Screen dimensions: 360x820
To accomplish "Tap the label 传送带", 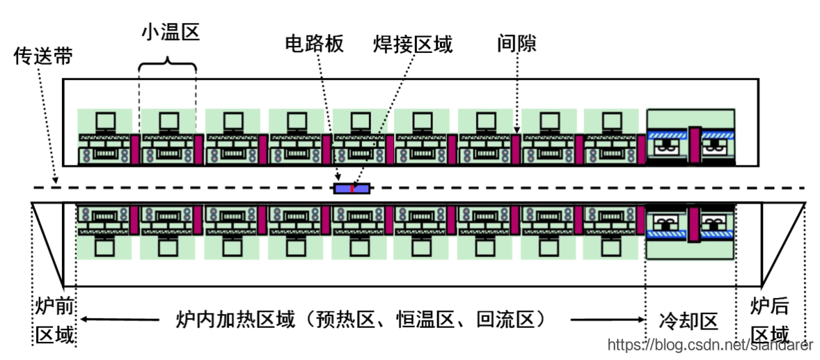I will point(43,56).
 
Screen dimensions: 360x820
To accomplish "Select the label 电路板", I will point(314,43).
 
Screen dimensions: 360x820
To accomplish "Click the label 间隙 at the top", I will point(517,43).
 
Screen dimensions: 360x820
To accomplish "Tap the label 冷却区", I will point(689,321).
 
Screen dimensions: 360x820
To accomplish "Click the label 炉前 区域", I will point(54,321).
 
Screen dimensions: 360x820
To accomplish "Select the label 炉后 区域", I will point(770,321).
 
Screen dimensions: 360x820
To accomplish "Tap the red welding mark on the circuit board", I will point(352,189).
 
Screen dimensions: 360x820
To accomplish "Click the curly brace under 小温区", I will point(168,63).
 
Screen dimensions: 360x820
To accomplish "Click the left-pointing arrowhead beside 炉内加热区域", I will point(83,319).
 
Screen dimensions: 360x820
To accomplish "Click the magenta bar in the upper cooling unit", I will point(694,143).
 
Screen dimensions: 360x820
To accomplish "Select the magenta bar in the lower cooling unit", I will point(694,224).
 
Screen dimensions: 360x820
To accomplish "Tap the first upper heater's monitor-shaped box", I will point(105,121).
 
